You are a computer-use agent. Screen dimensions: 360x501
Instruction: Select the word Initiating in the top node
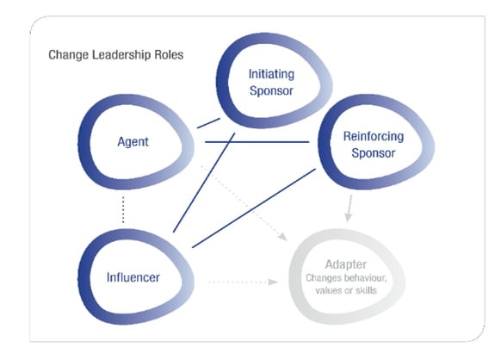click(270, 74)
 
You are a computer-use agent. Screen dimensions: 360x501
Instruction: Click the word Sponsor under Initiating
click(270, 90)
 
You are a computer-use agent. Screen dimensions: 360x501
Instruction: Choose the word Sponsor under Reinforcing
click(368, 153)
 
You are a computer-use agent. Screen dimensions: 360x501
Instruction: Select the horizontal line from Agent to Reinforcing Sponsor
click(258, 140)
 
